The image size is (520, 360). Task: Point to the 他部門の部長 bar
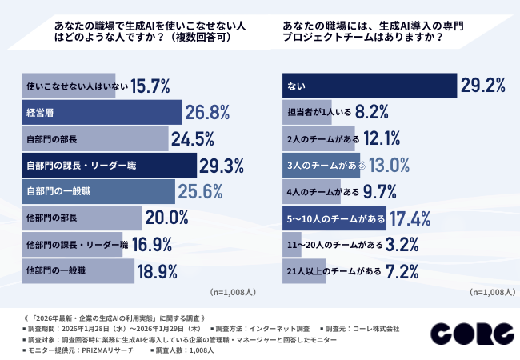pos(80,218)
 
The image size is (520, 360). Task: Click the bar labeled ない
pos(369,86)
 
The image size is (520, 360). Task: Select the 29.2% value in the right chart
pos(486,86)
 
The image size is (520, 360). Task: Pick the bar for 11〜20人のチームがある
pos(292,245)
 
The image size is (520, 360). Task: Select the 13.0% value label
pos(390,166)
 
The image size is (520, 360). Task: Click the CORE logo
pos(470,333)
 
